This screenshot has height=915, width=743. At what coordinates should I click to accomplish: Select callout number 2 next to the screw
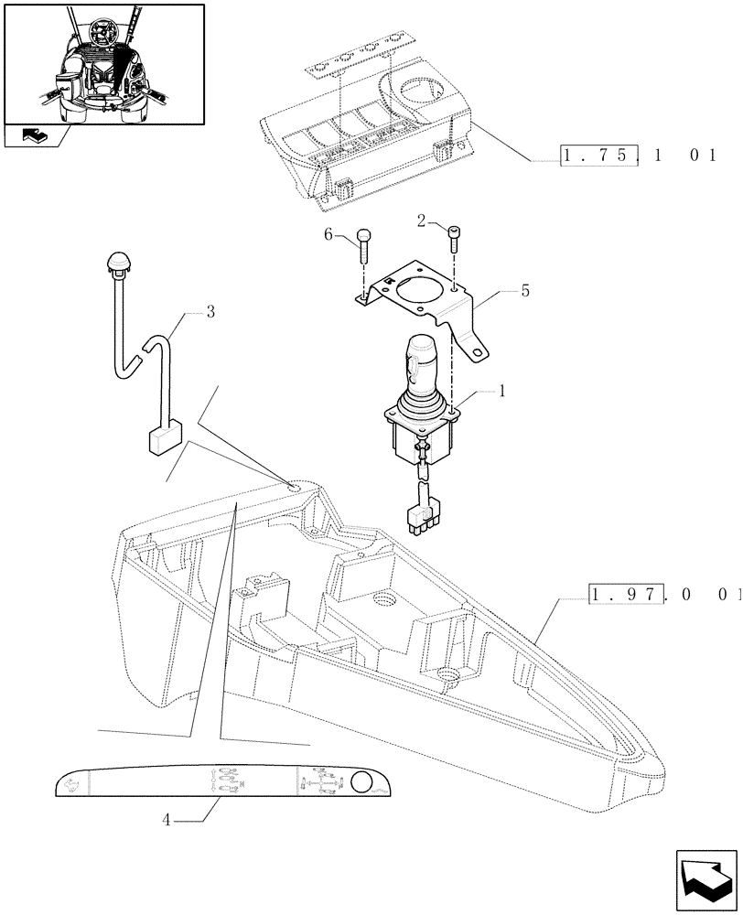pos(421,221)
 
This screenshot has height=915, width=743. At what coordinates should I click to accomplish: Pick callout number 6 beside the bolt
pos(328,235)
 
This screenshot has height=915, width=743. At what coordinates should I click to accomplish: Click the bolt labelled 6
pos(364,244)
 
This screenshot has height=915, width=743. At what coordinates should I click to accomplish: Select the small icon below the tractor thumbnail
pos(35,137)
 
